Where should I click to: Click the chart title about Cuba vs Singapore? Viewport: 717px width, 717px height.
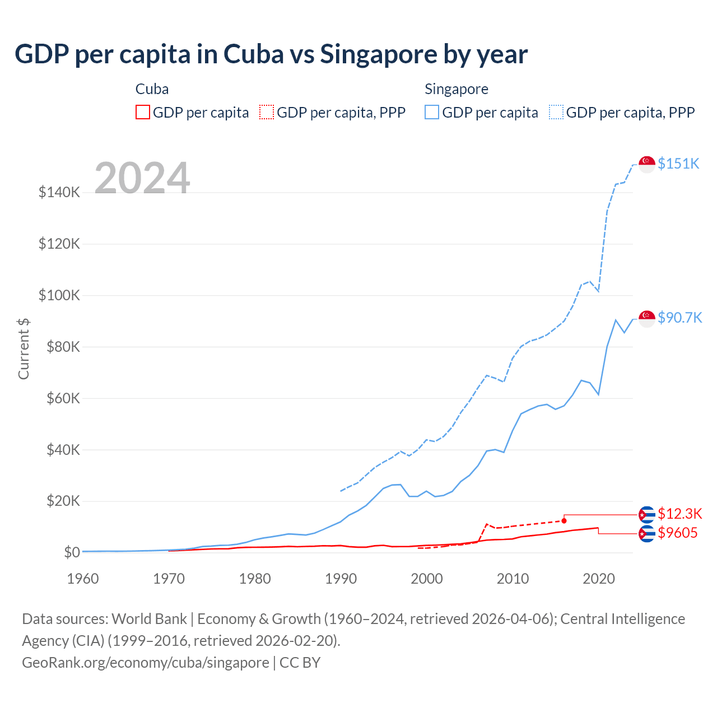271,54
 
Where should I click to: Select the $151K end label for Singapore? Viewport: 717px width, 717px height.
678,164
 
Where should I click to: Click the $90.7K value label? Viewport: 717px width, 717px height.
679,318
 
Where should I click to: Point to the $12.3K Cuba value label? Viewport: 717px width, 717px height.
679,514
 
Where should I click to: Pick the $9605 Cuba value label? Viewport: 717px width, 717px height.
677,533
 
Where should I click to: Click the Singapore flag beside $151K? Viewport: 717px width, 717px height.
647,164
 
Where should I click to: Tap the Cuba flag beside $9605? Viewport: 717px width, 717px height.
647,534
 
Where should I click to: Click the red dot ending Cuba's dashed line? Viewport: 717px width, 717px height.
564,521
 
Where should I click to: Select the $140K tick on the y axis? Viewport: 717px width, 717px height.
59,193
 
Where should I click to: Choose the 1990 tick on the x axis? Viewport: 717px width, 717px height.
341,579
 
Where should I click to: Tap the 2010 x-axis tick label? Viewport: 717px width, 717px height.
513,579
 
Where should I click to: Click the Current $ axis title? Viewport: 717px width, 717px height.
24,348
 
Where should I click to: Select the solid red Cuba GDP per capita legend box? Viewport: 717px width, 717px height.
143,113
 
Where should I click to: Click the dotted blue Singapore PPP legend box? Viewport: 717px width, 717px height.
556,113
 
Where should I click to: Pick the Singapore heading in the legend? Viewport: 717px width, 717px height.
456,89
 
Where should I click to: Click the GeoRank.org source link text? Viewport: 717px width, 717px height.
146,663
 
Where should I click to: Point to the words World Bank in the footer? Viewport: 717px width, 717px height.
149,619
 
